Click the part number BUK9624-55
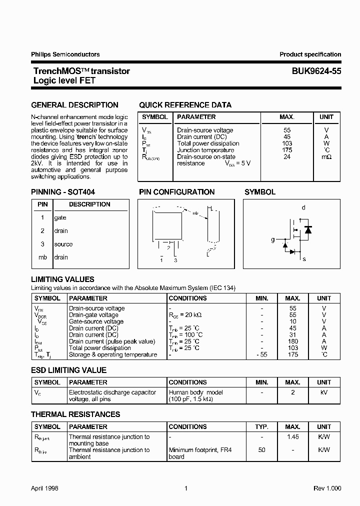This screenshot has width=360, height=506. pyautogui.click(x=316, y=71)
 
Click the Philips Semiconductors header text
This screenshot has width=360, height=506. pyautogui.click(x=65, y=54)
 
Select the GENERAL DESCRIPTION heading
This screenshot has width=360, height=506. pyautogui.click(x=75, y=105)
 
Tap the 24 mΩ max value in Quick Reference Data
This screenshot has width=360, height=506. pyautogui.click(x=287, y=156)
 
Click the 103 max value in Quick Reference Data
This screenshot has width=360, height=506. pyautogui.click(x=287, y=143)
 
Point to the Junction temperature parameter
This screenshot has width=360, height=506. pyautogui.click(x=205, y=150)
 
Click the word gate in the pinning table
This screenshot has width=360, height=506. pyautogui.click(x=60, y=218)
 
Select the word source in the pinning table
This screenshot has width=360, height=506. pyautogui.click(x=63, y=244)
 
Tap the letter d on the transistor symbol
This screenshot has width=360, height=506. pyautogui.click(x=303, y=207)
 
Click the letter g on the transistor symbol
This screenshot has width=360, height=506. pyautogui.click(x=273, y=240)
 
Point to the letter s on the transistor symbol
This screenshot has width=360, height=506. pyautogui.click(x=304, y=259)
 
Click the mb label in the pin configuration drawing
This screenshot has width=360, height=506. pyautogui.click(x=195, y=213)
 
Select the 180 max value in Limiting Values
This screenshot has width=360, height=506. pyautogui.click(x=293, y=341)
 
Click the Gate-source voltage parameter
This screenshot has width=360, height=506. pyautogui.click(x=96, y=322)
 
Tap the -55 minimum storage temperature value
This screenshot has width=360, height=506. pyautogui.click(x=261, y=354)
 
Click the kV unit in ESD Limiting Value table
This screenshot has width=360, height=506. pyautogui.click(x=324, y=392)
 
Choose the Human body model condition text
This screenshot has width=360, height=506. pyautogui.click(x=196, y=392)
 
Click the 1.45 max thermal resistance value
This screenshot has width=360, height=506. pyautogui.click(x=293, y=437)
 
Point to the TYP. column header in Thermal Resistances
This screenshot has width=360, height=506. pyautogui.click(x=261, y=427)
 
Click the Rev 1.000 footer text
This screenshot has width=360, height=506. pyautogui.click(x=327, y=488)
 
